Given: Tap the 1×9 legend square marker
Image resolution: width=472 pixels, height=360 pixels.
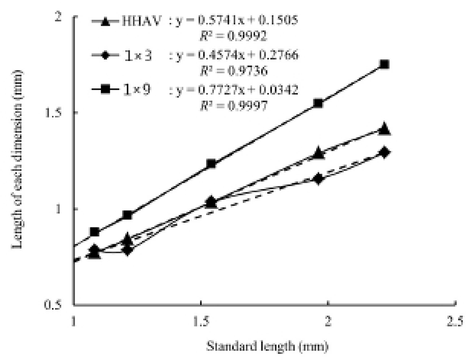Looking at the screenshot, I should pos(104,90).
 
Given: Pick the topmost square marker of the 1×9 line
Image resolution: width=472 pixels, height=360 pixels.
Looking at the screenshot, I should pos(385,64).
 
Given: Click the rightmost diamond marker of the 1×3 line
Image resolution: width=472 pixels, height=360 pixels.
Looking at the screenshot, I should pos(385,152).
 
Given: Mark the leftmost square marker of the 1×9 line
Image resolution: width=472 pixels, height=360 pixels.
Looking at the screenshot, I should pos(95,232).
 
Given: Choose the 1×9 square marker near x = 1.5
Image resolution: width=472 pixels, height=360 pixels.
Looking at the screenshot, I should pos(211,164).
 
